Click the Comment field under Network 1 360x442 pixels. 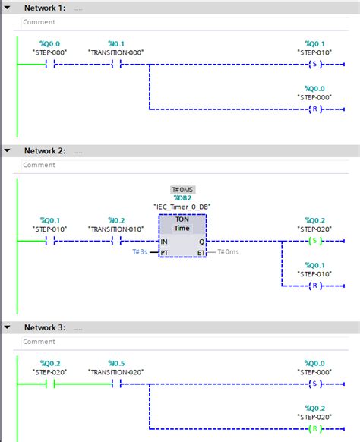click(39, 22)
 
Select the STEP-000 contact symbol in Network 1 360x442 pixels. click(49, 65)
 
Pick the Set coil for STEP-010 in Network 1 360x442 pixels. click(314, 65)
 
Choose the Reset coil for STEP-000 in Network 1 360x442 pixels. click(314, 109)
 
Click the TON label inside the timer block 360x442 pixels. click(182, 219)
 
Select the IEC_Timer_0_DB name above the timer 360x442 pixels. click(182, 207)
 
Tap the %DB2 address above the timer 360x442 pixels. click(182, 197)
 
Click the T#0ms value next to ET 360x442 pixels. click(228, 252)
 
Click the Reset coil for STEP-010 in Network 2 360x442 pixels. click(314, 286)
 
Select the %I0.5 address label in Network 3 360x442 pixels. click(116, 363)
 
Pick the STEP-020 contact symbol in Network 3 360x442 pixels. click(49, 384)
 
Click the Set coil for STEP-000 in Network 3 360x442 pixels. click(314, 384)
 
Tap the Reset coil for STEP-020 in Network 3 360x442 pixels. click(314, 428)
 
